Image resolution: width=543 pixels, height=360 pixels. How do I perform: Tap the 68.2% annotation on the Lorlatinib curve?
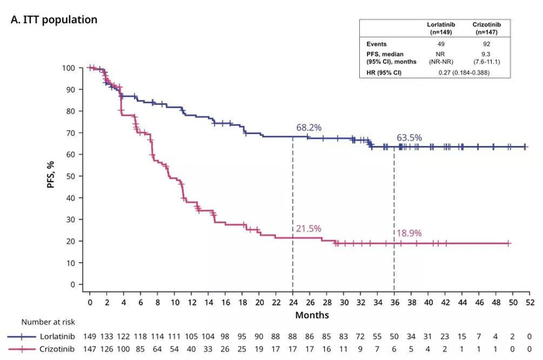pyautogui.click(x=309, y=126)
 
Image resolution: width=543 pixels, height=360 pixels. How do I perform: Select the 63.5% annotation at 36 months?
pyautogui.click(x=410, y=137)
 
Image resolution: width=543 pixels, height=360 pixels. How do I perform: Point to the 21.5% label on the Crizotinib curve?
pyautogui.click(x=308, y=229)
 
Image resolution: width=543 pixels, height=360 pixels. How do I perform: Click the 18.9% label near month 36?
pyautogui.click(x=410, y=232)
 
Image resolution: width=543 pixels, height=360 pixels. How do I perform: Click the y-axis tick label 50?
pyautogui.click(x=71, y=176)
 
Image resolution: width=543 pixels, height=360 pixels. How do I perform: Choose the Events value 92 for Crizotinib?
pyautogui.click(x=486, y=43)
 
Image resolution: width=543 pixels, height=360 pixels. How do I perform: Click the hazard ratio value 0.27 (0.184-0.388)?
pyautogui.click(x=463, y=72)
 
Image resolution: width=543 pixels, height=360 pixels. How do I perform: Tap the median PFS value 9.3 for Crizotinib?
pyautogui.click(x=486, y=54)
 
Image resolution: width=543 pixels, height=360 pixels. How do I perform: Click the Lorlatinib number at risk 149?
pyautogui.click(x=91, y=337)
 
